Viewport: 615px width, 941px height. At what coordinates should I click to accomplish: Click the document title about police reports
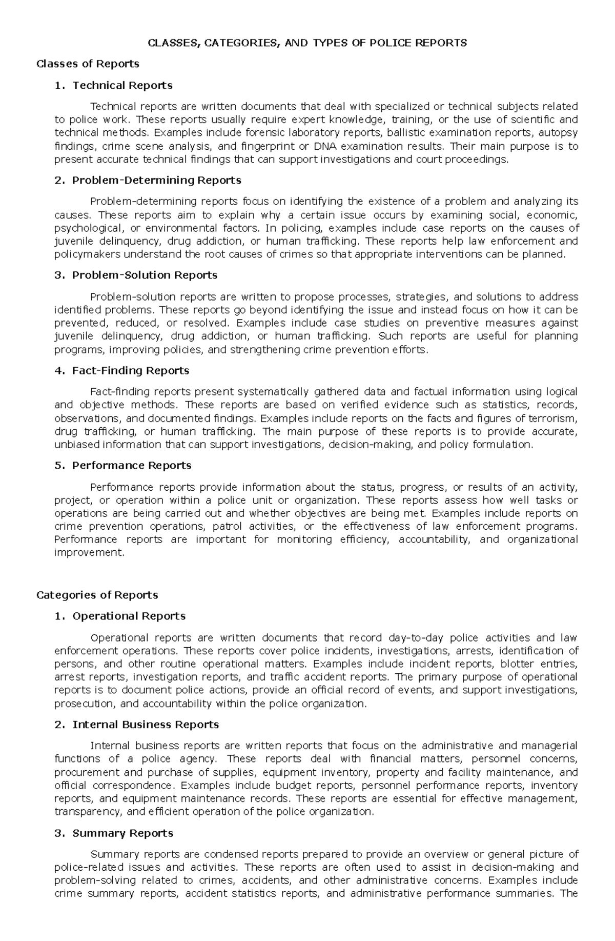pos(307,43)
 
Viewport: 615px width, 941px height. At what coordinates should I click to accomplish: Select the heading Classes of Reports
pos(88,64)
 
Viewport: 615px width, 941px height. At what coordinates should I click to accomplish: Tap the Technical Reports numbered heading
pos(122,85)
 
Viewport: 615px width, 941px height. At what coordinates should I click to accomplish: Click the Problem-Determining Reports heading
pos(156,180)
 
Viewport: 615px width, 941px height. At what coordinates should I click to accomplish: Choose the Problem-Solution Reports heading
pos(145,275)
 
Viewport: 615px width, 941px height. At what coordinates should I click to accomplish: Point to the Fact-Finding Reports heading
pos(130,370)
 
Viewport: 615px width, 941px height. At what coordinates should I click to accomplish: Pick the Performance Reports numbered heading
pos(131,465)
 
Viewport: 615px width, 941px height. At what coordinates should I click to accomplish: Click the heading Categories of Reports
pos(97,595)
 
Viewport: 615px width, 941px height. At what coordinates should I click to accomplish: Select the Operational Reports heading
pos(129,616)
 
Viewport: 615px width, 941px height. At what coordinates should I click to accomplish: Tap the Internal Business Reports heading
pos(146,725)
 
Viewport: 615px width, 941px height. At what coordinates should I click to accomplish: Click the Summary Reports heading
pos(122,833)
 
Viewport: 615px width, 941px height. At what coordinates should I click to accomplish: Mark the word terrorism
pos(555,418)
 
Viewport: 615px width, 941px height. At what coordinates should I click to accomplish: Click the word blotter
pos(514,664)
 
